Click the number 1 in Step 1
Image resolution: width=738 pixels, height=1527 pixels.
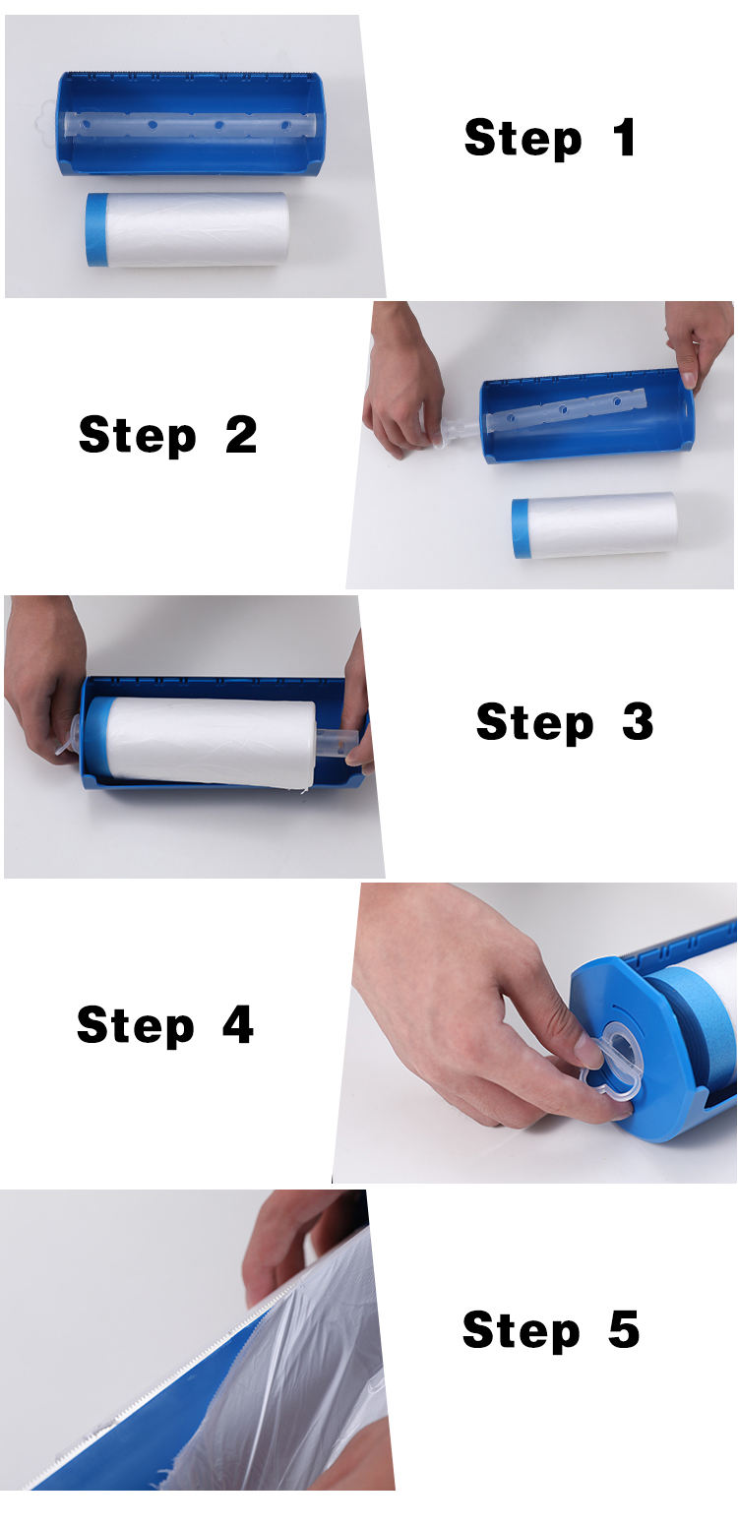[x=624, y=138]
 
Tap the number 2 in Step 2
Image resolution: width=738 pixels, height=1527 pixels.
[x=241, y=434]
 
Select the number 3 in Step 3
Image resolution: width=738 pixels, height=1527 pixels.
[x=638, y=723]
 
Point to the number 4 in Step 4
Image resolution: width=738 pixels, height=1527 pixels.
[x=238, y=1025]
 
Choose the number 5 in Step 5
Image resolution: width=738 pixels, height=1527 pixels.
[x=624, y=1329]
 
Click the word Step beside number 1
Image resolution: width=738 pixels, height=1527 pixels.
[x=523, y=138]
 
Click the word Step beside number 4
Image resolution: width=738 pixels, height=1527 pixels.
[x=136, y=1025]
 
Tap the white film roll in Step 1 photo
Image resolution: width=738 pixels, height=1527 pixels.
[x=197, y=229]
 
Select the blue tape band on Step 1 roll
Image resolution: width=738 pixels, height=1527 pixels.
[x=96, y=229]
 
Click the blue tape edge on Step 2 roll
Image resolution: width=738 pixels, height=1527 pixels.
[x=520, y=528]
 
